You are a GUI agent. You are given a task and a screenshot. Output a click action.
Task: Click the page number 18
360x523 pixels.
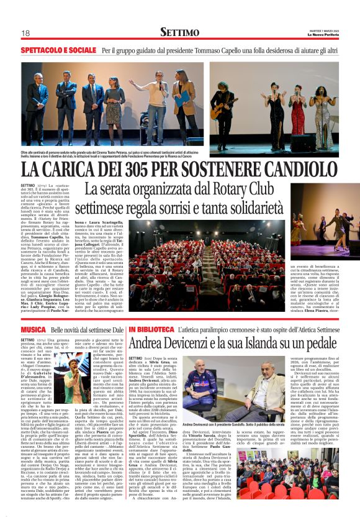coord(25,33)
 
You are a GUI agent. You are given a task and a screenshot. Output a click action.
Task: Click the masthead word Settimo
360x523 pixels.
coord(179,32)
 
